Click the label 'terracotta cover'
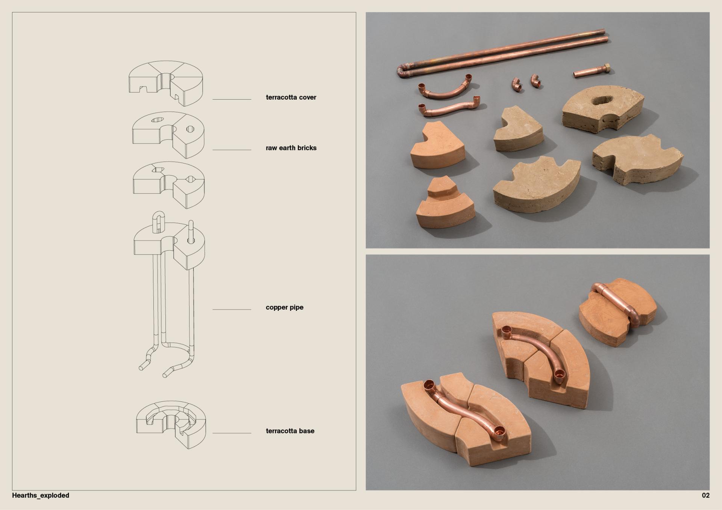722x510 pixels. pos(291,97)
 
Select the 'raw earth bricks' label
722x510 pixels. pos(291,148)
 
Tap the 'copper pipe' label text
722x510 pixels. pos(284,307)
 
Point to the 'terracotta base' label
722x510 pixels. pos(290,431)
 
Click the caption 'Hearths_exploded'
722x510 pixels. pos(41,495)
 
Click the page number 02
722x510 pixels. pos(705,495)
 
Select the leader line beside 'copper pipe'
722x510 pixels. pos(232,309)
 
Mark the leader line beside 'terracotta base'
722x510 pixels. pos(232,433)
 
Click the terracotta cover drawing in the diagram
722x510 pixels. pos(166,83)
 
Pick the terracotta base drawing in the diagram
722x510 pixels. pos(171,425)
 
